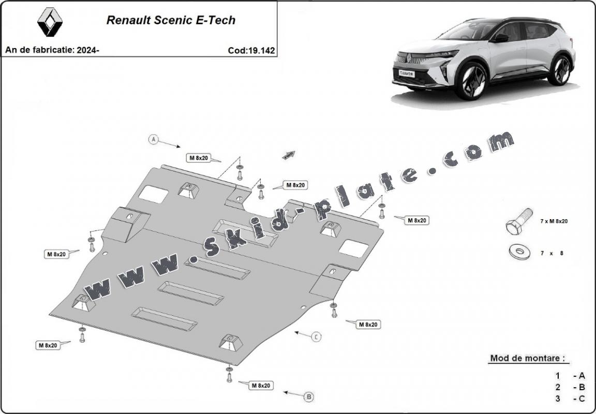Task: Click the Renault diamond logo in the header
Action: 50,22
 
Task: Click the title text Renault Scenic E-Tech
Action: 171,20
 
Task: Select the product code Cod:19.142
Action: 251,51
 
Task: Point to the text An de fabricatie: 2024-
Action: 52,50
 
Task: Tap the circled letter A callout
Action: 153,140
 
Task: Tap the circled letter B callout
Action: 309,397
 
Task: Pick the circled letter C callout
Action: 316,337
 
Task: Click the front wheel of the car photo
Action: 471,81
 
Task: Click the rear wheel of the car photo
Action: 560,70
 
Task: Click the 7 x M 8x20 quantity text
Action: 554,221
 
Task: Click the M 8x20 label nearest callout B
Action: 261,385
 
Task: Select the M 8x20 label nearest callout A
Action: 199,158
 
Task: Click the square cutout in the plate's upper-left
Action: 154,194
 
